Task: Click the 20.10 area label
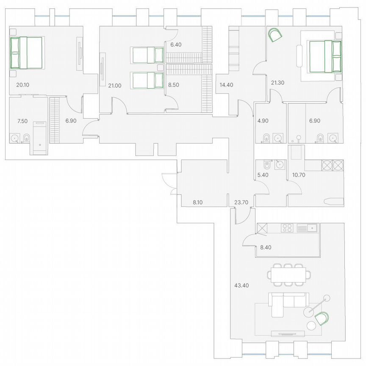tap(22, 85)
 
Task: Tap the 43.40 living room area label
tap(241, 285)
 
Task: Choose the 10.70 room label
tap(299, 174)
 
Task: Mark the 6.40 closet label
tap(175, 44)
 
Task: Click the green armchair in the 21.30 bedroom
tap(275, 34)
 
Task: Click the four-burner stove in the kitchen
tap(287, 228)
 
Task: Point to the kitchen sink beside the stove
tap(308, 228)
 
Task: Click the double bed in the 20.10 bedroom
tap(26, 53)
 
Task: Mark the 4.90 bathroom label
tap(263, 121)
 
